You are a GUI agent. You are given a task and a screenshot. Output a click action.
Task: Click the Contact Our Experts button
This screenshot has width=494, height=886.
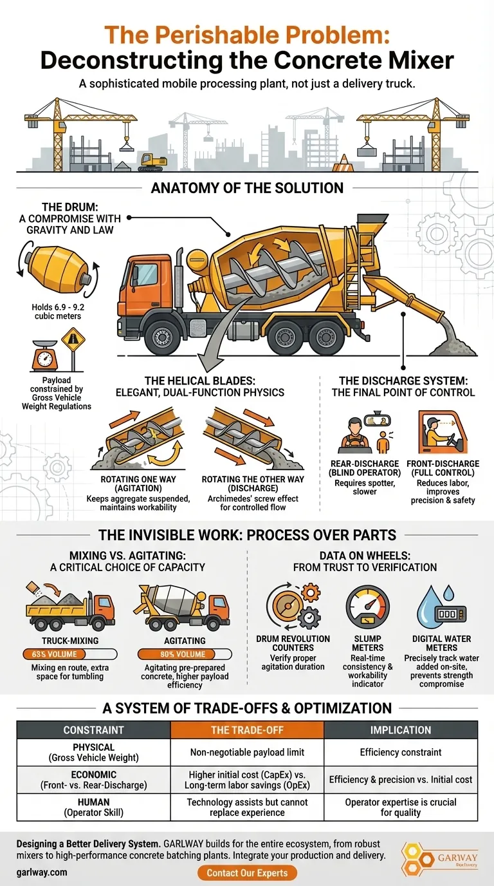247,873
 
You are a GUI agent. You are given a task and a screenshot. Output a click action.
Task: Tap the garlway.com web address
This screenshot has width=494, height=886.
42,872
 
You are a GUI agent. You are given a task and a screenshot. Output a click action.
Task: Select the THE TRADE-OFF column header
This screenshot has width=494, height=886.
247,730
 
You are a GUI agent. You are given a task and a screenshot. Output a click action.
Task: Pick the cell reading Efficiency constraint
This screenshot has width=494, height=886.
401,752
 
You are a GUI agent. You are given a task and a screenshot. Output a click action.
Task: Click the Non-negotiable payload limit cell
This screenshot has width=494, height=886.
247,752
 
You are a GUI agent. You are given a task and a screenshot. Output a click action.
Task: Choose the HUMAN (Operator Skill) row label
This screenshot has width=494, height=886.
94,807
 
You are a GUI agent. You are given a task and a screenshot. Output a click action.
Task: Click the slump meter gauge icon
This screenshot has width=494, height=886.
367,608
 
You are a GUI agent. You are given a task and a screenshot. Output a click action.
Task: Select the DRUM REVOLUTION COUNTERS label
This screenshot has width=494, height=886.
293,643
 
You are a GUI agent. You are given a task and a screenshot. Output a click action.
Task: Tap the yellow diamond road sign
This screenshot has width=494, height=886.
73,339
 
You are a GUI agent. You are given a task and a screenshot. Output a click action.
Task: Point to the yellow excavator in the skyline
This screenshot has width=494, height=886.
153,162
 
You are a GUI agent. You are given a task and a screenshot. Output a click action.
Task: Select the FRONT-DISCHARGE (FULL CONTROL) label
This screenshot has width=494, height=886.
443,468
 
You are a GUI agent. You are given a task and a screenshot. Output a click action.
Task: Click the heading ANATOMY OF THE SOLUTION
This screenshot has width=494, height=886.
247,188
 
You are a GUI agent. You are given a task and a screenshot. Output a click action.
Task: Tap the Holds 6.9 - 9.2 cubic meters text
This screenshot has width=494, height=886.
58,312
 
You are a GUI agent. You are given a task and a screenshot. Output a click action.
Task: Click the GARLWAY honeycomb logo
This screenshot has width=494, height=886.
439,858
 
